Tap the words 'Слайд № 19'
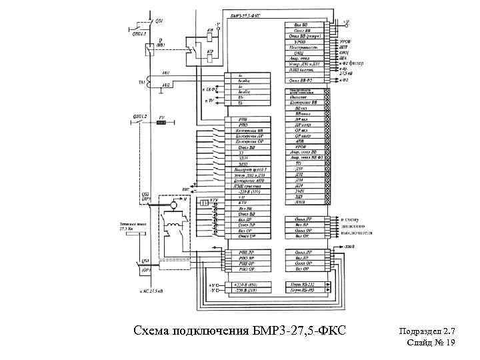coord(431,343)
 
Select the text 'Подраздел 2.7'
coord(427,331)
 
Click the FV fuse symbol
coord(161,122)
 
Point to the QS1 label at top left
coord(158,21)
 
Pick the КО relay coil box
coord(210,57)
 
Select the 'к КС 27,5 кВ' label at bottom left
coord(151,292)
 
